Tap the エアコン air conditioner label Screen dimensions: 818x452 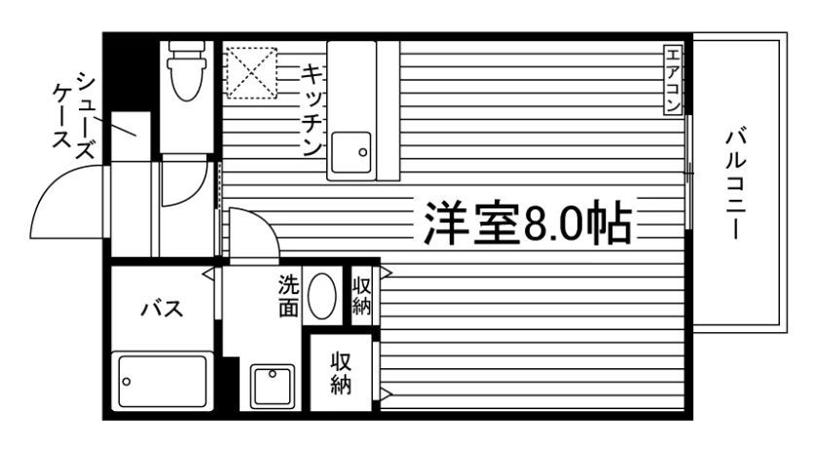pos(673,80)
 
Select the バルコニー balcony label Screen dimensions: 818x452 pos(735,185)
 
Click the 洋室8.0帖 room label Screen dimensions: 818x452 pos(528,223)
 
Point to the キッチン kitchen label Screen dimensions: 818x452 pos(312,110)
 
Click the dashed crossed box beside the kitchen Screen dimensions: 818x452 pos(251,72)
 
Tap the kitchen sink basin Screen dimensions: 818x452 pos(351,152)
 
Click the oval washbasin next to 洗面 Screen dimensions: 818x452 pos(322,296)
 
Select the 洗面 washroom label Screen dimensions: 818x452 pos(288,296)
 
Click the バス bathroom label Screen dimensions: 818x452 pos(163,309)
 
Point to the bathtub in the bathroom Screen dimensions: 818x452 pos(163,381)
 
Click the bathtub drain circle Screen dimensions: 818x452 pos(127,382)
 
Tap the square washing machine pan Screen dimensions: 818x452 pos(273,386)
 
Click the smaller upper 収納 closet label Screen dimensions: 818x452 pos(361,296)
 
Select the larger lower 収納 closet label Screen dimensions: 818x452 pos(341,373)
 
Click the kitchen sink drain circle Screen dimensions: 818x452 pos(362,152)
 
